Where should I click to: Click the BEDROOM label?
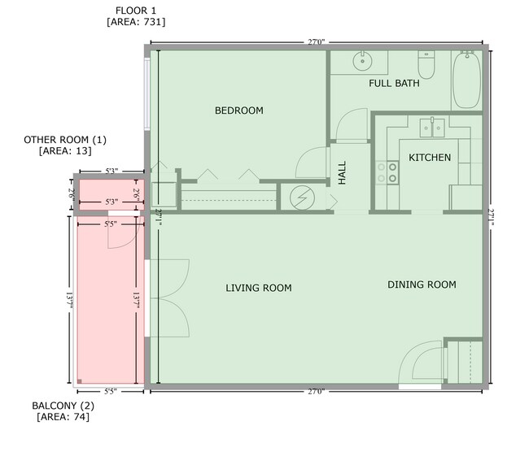(238, 111)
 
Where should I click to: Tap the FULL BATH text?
(394, 84)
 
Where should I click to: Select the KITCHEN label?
(429, 158)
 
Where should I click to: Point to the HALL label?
(342, 172)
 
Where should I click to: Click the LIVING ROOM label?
(258, 288)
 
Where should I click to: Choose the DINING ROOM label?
(421, 284)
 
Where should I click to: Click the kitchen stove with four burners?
(387, 172)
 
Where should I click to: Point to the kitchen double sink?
(431, 127)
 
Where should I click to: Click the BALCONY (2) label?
(63, 406)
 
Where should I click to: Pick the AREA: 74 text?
(63, 417)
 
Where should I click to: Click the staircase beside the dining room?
(466, 361)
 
